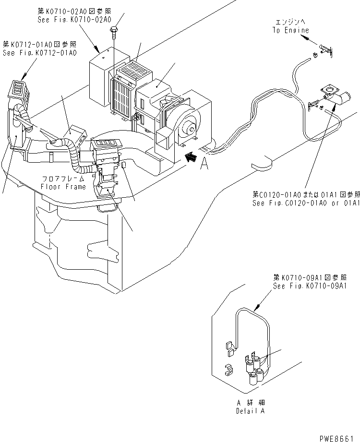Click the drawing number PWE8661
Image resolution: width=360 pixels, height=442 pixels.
tap(339, 436)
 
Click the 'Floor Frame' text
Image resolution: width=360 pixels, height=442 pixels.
tap(63, 187)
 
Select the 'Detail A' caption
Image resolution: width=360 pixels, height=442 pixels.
tap(250, 411)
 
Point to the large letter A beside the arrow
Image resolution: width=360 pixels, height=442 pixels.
tap(204, 164)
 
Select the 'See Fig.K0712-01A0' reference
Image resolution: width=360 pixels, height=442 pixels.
tap(39, 53)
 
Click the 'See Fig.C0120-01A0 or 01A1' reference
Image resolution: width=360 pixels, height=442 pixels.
tap(306, 203)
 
